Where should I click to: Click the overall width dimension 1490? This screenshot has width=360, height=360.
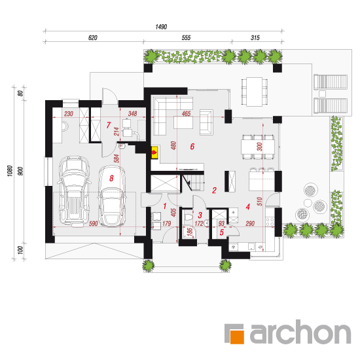161,27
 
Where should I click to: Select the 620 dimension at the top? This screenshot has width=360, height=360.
93,38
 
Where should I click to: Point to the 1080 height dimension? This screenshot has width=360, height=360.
10,171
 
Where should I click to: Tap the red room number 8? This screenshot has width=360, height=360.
111,178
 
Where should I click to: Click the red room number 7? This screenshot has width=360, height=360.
109,125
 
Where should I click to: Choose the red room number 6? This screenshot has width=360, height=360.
192,146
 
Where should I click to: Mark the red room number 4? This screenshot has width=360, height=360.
247,207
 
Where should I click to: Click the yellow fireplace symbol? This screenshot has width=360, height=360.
154,152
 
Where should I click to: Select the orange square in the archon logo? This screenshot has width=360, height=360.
237,337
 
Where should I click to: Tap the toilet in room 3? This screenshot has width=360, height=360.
189,217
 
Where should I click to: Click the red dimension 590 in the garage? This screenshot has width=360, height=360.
93,223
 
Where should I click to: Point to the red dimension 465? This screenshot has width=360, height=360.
186,113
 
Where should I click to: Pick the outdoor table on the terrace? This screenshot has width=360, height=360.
255,92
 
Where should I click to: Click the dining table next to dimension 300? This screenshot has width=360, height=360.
258,147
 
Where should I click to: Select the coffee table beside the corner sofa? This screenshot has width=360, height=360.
183,122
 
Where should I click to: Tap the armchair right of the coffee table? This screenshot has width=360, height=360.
206,122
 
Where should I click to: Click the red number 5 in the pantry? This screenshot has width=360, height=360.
221,232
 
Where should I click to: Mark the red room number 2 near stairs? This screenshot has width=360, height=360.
214,190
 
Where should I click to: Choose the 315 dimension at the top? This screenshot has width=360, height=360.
255,38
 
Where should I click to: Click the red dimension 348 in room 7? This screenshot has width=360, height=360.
132,113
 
